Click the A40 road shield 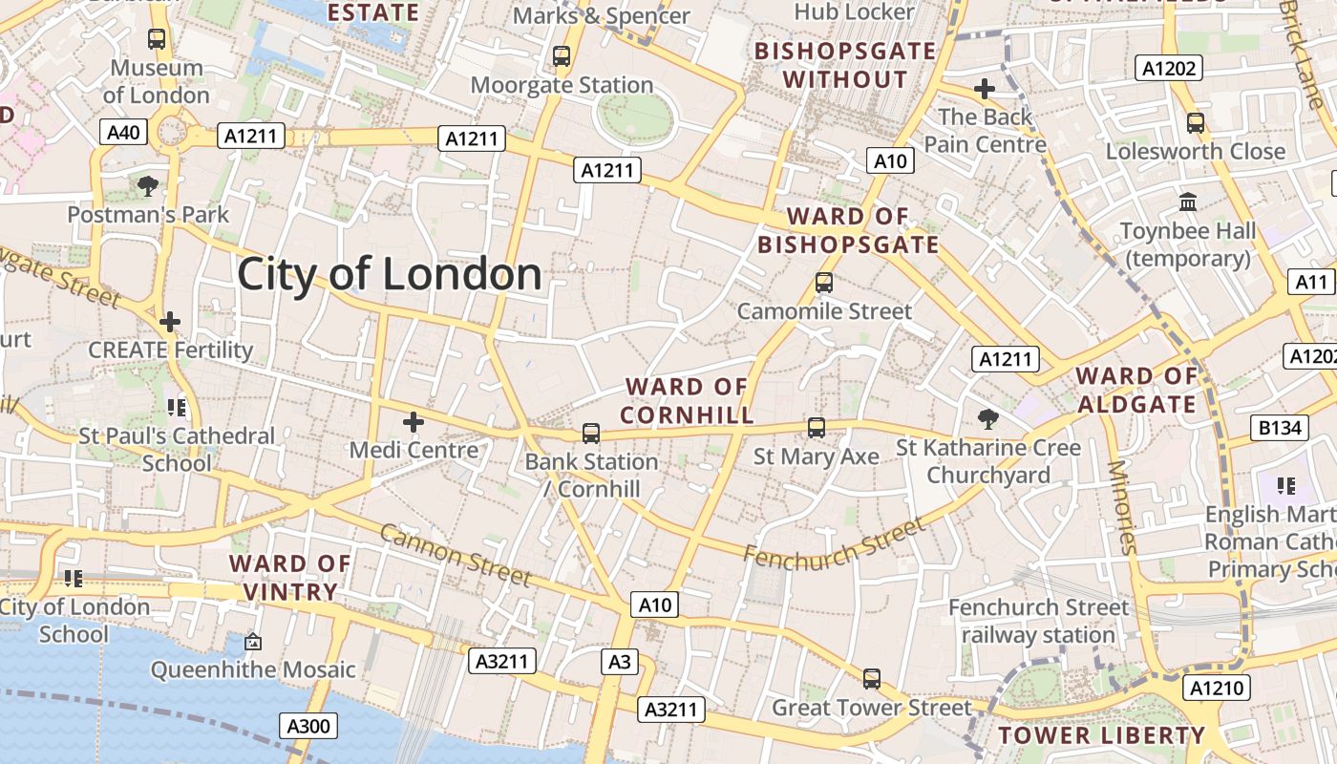click(x=123, y=132)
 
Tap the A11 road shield click(x=1312, y=282)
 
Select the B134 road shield click(x=1280, y=428)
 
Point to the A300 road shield click(x=308, y=727)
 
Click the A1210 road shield click(x=1217, y=688)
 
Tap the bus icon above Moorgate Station click(x=562, y=56)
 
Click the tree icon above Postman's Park click(x=147, y=185)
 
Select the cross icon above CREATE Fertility click(x=170, y=322)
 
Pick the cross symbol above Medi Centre click(x=414, y=421)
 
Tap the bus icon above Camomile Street click(x=824, y=283)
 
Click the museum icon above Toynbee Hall click(x=1188, y=202)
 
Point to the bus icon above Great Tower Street click(x=871, y=679)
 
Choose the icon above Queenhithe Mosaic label click(x=252, y=642)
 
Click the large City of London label click(x=390, y=274)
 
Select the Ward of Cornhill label click(x=687, y=401)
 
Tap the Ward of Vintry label click(x=290, y=578)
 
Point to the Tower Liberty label click(x=1101, y=735)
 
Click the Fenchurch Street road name click(x=834, y=541)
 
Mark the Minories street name click(x=1122, y=507)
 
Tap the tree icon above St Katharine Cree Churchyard click(x=988, y=418)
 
